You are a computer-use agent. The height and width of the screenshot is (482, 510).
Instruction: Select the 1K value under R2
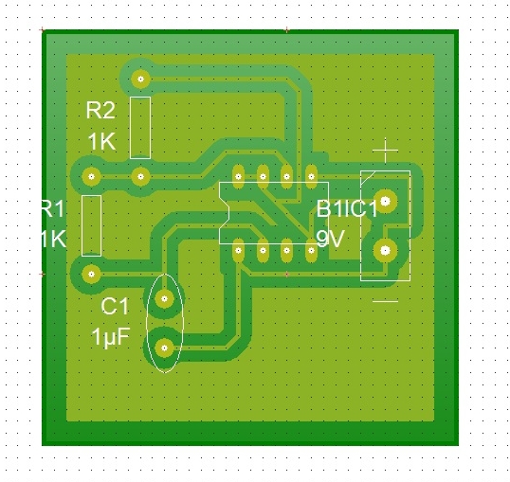pos(100,142)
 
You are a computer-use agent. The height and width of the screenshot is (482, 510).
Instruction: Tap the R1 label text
pos(53,209)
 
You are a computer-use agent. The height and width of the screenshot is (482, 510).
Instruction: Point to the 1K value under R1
pos(53,240)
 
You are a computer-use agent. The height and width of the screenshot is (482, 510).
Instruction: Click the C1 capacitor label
pos(115,306)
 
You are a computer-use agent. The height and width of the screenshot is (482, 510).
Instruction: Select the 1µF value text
pos(110,337)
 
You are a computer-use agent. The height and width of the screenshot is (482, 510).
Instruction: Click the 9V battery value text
pos(330,240)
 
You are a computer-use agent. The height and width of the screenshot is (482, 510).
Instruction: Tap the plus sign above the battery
pos(385,151)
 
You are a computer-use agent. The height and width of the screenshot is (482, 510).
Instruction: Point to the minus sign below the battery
pos(385,301)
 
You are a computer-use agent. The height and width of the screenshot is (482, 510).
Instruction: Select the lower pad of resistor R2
pos(141,175)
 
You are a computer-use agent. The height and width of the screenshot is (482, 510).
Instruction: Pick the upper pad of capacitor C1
pos(164,299)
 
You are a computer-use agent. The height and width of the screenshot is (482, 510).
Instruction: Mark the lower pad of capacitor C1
pos(164,348)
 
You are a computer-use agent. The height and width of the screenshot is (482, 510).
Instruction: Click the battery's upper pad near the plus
pos(385,201)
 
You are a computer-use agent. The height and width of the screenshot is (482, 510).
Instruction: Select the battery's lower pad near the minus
pos(385,250)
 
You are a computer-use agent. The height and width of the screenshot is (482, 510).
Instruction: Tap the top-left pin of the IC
pos(238,175)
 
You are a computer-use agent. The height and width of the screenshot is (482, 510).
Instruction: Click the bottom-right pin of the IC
pos(311,251)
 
